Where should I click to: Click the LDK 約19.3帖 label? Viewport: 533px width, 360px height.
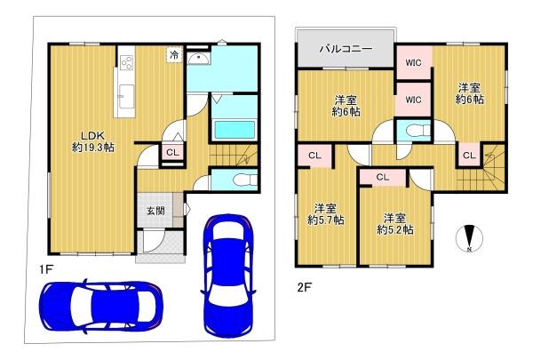[x=93, y=141]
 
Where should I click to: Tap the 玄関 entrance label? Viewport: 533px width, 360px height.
[x=155, y=211]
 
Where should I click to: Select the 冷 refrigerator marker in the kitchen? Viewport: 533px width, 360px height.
[x=174, y=55]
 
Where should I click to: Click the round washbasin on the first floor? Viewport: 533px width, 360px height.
[x=198, y=59]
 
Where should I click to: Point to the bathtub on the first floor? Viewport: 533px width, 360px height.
[x=235, y=129]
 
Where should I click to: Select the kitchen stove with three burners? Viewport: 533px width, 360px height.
[x=127, y=62]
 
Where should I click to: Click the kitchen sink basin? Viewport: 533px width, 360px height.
[x=126, y=96]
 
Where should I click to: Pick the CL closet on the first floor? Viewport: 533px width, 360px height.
[x=172, y=152]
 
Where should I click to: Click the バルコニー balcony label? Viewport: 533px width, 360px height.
[x=346, y=49]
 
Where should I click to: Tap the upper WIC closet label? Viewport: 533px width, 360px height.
[x=413, y=62]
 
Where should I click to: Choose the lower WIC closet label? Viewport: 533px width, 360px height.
[x=413, y=100]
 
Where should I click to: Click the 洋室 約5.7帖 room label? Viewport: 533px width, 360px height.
[x=326, y=214]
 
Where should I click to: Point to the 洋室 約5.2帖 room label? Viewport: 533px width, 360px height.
[x=395, y=224]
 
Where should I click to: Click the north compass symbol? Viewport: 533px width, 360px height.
[x=469, y=238]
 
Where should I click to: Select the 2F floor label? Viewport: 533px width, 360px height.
[x=304, y=287]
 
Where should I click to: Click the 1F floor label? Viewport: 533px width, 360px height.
[x=45, y=270]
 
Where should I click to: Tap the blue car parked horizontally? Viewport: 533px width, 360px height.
[x=101, y=306]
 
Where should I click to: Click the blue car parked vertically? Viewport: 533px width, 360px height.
[x=228, y=276]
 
